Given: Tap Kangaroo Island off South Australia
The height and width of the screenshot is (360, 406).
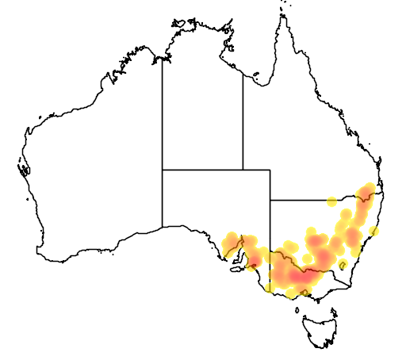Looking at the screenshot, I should click(x=236, y=269).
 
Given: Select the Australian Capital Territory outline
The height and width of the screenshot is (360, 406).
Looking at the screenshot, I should click(x=343, y=265).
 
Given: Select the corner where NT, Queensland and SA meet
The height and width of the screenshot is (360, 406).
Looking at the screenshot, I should click(x=243, y=169).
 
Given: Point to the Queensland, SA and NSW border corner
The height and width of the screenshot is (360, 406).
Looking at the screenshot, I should click(x=270, y=200).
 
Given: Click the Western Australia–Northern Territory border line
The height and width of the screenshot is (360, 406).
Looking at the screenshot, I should click(x=163, y=119).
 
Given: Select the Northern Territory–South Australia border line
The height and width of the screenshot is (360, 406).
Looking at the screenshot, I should click(x=202, y=169).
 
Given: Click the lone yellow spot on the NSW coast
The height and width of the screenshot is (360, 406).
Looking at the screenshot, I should click(x=374, y=232).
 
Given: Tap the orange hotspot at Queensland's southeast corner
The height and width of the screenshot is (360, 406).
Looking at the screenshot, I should click(x=367, y=191).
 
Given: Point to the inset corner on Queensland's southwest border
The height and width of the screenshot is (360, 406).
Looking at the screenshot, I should click(x=270, y=169).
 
